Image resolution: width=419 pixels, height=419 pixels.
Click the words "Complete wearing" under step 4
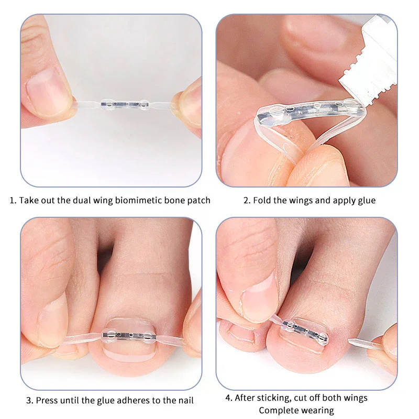pyautogui.click(x=296, y=411)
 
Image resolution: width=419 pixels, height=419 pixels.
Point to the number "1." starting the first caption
pyautogui.click(x=13, y=201)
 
